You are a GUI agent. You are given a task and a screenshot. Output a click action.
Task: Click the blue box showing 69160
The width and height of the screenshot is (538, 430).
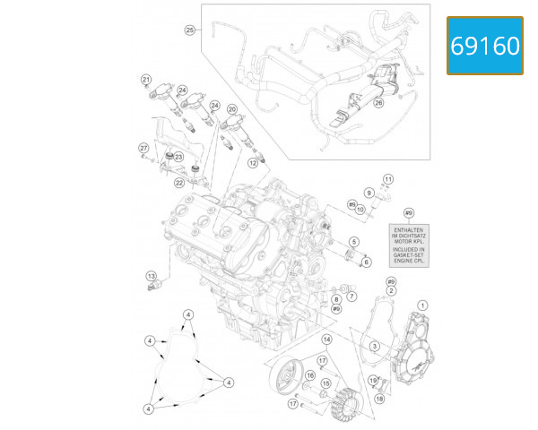(484, 46)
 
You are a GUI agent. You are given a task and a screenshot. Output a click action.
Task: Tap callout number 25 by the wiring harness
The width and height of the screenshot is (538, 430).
(189, 30)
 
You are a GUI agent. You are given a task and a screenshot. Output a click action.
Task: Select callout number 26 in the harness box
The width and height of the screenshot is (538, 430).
(378, 103)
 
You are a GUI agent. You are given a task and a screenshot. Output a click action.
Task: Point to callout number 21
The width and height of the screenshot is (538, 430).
(145, 81)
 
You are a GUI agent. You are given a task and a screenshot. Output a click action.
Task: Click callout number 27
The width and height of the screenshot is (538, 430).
(143, 147)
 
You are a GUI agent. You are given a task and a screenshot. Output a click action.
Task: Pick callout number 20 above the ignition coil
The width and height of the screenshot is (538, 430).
(232, 109)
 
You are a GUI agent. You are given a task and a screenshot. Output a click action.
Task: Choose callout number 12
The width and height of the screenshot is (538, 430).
(255, 163)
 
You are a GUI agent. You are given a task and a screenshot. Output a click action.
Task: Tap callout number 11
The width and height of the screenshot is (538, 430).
(388, 179)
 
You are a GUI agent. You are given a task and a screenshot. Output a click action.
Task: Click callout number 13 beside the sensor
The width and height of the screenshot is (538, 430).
(151, 275)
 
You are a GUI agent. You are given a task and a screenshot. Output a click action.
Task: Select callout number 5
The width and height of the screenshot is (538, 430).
(354, 242)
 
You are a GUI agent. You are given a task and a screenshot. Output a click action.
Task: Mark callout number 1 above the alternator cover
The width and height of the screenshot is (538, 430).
(422, 305)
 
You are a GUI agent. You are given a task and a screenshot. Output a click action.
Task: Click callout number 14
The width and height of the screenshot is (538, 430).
(326, 340)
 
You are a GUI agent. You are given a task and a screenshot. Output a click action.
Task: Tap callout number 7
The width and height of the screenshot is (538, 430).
(351, 296)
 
